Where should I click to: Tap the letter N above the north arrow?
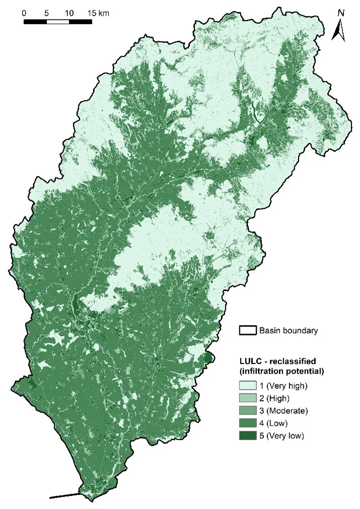(341, 13)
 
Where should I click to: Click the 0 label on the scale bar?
(24, 12)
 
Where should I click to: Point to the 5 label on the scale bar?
(46, 12)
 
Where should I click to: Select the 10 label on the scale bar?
(69, 12)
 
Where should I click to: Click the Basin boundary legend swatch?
(247, 331)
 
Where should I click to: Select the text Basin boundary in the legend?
(288, 331)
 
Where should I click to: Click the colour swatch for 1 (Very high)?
(247, 386)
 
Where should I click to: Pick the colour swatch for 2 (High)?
(247, 398)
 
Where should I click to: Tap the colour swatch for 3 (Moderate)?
(247, 409)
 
